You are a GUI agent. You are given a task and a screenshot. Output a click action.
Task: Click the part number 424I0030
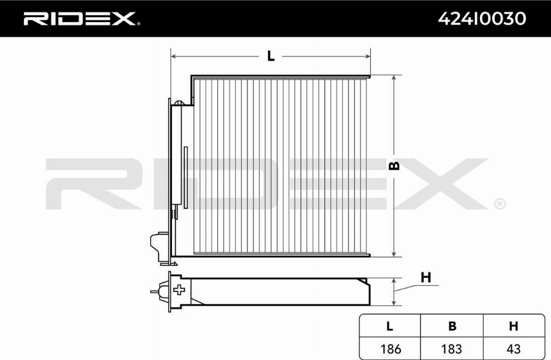pyautogui.click(x=482, y=18)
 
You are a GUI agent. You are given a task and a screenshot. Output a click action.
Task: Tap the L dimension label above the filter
pyautogui.click(x=271, y=56)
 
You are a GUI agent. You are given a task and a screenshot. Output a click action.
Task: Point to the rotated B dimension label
pyautogui.click(x=395, y=165)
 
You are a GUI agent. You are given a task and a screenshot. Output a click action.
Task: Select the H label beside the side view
pyautogui.click(x=425, y=278)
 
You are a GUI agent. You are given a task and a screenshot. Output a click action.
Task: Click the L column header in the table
pyautogui.click(x=389, y=326)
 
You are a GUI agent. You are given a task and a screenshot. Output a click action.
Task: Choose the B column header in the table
pyautogui.click(x=452, y=326)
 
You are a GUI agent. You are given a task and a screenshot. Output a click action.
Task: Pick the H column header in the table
pyautogui.click(x=514, y=326)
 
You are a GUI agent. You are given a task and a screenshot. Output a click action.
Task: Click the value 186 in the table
pyautogui.click(x=391, y=349)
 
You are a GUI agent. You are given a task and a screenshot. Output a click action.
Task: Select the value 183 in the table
pyautogui.click(x=452, y=349)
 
